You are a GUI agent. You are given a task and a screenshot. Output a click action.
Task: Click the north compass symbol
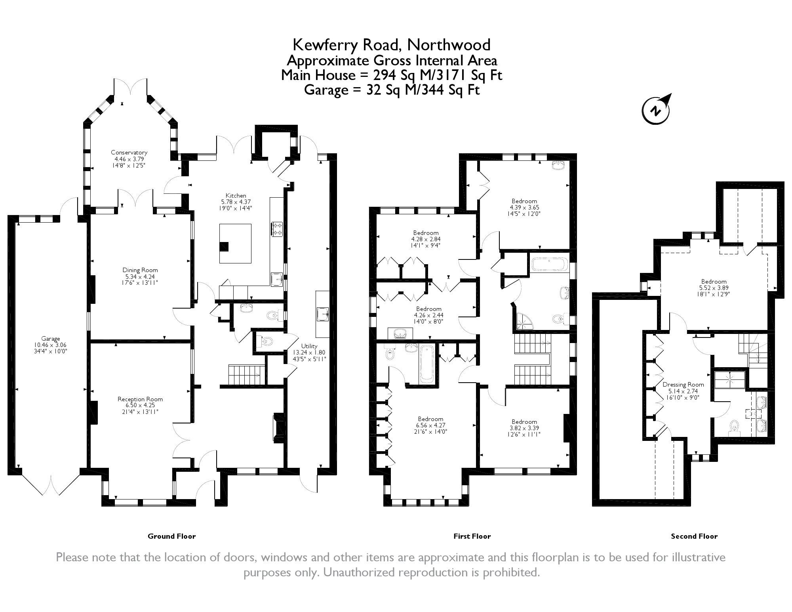click(x=656, y=110)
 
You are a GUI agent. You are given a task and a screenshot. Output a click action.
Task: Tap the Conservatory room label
click(x=129, y=153)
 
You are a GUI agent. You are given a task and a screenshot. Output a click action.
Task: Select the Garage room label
click(x=51, y=339)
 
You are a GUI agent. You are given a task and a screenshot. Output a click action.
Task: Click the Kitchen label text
click(x=236, y=196)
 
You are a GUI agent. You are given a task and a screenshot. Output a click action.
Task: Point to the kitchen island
click(x=235, y=243)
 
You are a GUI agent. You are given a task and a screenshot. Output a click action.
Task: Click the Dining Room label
click(x=140, y=270)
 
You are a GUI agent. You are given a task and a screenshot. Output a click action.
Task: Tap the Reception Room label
click(x=140, y=399)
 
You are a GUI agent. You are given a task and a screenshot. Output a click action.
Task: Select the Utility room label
click(x=309, y=346)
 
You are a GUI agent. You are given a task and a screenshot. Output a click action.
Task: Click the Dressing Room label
click(x=683, y=384)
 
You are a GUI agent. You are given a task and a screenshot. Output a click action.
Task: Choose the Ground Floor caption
click(x=171, y=536)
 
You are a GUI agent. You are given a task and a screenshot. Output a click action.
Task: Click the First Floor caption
click(x=472, y=536)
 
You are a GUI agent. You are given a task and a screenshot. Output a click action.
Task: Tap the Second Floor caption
click(x=694, y=536)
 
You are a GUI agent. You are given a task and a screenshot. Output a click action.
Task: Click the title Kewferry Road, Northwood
click(x=391, y=45)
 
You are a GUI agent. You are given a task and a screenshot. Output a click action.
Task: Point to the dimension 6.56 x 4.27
click(x=430, y=425)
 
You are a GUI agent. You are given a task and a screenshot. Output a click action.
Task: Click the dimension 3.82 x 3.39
click(x=524, y=428)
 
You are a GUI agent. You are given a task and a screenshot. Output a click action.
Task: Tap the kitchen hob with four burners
click(x=277, y=229)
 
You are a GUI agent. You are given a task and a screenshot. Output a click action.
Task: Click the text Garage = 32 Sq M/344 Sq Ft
click(x=391, y=90)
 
